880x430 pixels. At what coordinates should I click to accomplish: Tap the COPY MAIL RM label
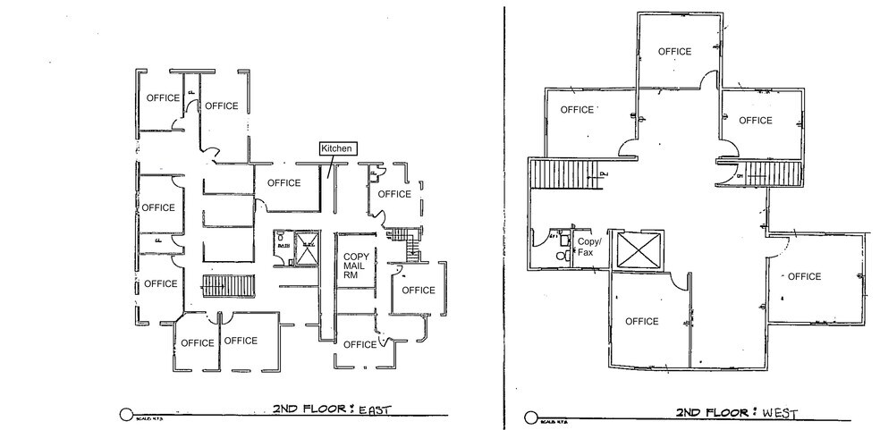pyautogui.click(x=357, y=266)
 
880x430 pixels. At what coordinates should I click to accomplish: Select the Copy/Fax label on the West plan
pyautogui.click(x=588, y=247)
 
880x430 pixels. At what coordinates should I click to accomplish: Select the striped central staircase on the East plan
pyautogui.click(x=215, y=286)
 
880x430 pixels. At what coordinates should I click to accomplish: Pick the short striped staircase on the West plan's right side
pyautogui.click(x=757, y=174)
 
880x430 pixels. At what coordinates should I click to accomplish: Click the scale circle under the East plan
pyautogui.click(x=125, y=415)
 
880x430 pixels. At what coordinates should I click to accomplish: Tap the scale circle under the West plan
pyautogui.click(x=531, y=417)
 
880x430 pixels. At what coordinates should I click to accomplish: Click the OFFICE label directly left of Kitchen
pyautogui.click(x=284, y=183)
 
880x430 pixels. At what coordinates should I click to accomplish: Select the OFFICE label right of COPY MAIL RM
pyautogui.click(x=418, y=291)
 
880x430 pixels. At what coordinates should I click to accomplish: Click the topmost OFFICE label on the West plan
pyautogui.click(x=674, y=52)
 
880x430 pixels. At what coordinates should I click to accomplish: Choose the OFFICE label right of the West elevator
pyautogui.click(x=804, y=277)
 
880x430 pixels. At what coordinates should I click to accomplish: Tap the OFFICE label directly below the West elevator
pyautogui.click(x=641, y=322)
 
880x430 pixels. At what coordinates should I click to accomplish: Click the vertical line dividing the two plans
pyautogui.click(x=504, y=215)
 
